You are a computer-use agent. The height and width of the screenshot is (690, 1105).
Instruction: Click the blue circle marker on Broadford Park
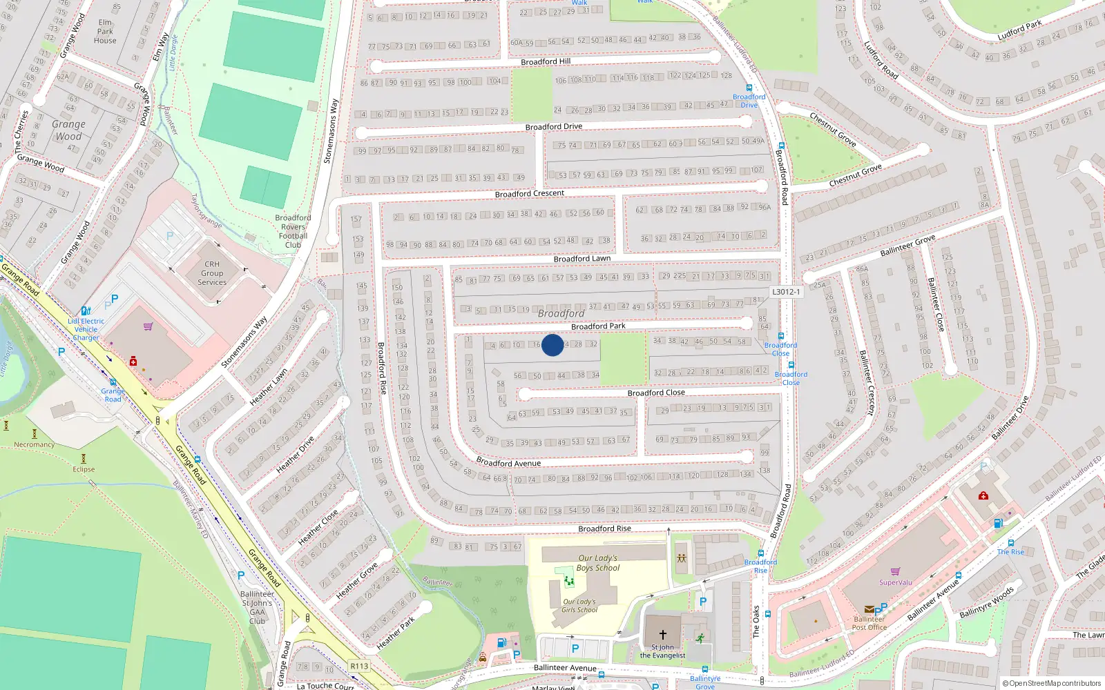(x=552, y=345)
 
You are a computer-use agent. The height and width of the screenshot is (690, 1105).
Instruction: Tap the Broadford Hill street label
(x=546, y=62)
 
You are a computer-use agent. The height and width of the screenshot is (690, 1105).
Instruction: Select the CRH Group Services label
(x=212, y=273)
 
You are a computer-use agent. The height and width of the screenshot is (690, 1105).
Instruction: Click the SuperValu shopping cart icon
(x=896, y=571)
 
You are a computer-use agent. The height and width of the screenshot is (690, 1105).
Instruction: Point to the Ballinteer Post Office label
(x=868, y=623)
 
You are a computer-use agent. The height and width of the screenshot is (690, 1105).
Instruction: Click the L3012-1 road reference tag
(x=786, y=292)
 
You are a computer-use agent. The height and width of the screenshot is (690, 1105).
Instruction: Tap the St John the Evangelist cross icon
(x=662, y=634)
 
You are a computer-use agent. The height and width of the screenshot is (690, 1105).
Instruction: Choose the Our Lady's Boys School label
(x=598, y=563)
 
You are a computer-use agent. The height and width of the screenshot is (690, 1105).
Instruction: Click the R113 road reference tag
(x=359, y=666)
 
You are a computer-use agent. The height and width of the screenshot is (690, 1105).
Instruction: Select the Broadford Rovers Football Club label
(x=293, y=231)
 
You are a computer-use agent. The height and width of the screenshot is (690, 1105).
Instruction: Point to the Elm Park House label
(x=105, y=32)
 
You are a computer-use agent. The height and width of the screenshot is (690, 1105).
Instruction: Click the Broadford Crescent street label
(x=530, y=194)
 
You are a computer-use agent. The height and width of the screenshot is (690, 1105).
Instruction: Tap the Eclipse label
(x=84, y=469)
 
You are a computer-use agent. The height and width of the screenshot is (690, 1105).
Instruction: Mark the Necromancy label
(x=34, y=444)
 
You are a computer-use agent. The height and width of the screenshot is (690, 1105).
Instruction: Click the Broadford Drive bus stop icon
(x=749, y=88)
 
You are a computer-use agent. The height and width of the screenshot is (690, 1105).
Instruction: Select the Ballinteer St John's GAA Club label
(x=257, y=607)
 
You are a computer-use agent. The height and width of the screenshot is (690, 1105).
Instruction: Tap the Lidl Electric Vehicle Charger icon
(x=85, y=311)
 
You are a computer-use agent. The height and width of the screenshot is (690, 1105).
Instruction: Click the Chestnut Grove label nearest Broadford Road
(x=832, y=130)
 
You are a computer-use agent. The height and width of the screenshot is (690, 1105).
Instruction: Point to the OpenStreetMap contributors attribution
(x=1053, y=684)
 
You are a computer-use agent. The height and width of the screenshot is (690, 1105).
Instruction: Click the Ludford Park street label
(x=1019, y=30)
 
